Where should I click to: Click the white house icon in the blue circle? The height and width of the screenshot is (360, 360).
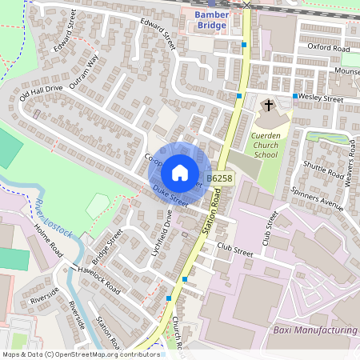(x=180, y=173)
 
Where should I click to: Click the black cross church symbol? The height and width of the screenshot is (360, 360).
(x=269, y=105)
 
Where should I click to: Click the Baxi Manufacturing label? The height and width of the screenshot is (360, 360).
(x=313, y=330)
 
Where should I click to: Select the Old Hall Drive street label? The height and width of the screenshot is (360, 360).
(x=41, y=97)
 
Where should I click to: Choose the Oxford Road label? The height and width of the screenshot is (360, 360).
(x=329, y=49)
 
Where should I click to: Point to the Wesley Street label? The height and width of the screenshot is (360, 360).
(x=322, y=99)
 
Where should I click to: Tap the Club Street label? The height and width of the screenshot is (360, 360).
(x=234, y=252)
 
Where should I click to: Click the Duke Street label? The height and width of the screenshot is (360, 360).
(x=170, y=196)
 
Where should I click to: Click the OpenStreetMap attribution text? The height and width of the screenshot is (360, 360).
(x=81, y=354)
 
